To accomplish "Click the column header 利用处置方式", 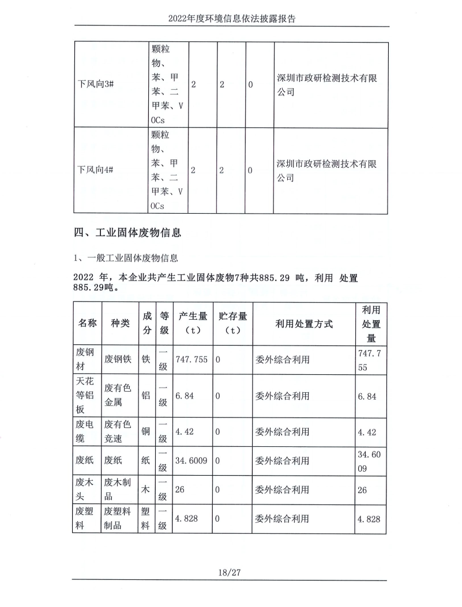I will click(304, 324).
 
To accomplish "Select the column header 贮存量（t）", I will click(233, 324).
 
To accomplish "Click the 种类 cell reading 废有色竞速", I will click(118, 431).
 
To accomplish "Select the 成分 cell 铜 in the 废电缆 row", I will click(147, 431).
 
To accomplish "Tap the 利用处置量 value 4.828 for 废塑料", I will click(369, 518).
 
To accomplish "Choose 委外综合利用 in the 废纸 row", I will click(281, 461).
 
